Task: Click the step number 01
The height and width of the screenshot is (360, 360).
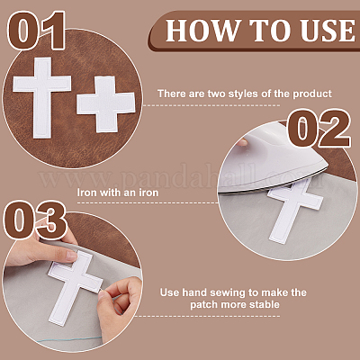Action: pyautogui.click(x=37, y=30)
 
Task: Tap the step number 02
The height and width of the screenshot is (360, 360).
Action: pyautogui.click(x=319, y=128)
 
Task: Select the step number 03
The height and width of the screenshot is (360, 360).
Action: pyautogui.click(x=35, y=220)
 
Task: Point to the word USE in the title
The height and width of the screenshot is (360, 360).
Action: pyautogui.click(x=328, y=31)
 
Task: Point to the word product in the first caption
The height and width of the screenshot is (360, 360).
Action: pyautogui.click(x=312, y=94)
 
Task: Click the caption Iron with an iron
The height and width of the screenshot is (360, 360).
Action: pyautogui.click(x=118, y=193)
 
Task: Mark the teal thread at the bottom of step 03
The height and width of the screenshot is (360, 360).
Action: pyautogui.click(x=70, y=339)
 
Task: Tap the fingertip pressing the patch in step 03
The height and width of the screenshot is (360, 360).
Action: pyautogui.click(x=72, y=256)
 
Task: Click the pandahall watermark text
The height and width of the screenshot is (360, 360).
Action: pyautogui.click(x=180, y=177)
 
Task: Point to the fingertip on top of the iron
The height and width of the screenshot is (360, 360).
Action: pyautogui.click(x=242, y=141)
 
